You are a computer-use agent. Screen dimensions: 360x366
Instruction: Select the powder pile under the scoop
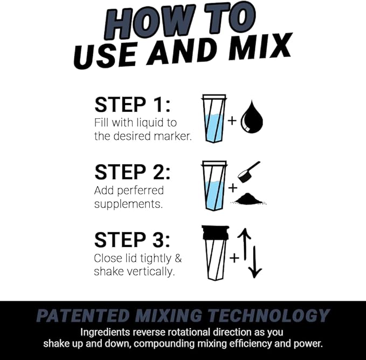click(x=249, y=199)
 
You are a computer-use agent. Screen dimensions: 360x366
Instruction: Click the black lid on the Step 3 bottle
click(x=215, y=232)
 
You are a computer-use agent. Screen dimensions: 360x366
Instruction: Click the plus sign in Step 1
click(x=232, y=120)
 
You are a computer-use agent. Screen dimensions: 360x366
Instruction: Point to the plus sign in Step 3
click(x=233, y=258)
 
